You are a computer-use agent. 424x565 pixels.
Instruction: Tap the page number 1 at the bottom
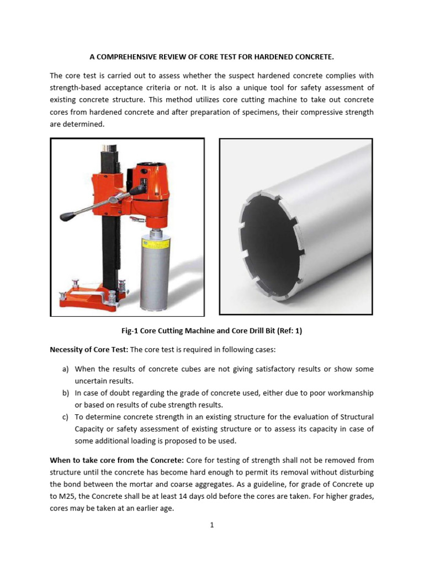(211, 525)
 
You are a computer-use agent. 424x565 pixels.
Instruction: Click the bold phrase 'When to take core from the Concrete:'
(117, 460)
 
